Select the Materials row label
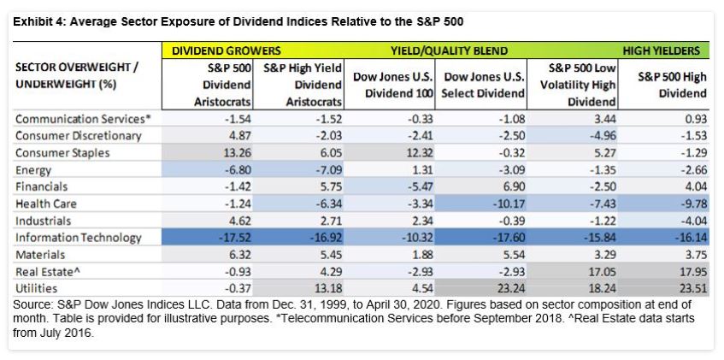point(41,255)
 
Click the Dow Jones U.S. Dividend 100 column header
point(395,85)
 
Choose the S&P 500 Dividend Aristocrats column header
point(227,85)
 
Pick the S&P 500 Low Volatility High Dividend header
point(584,85)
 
